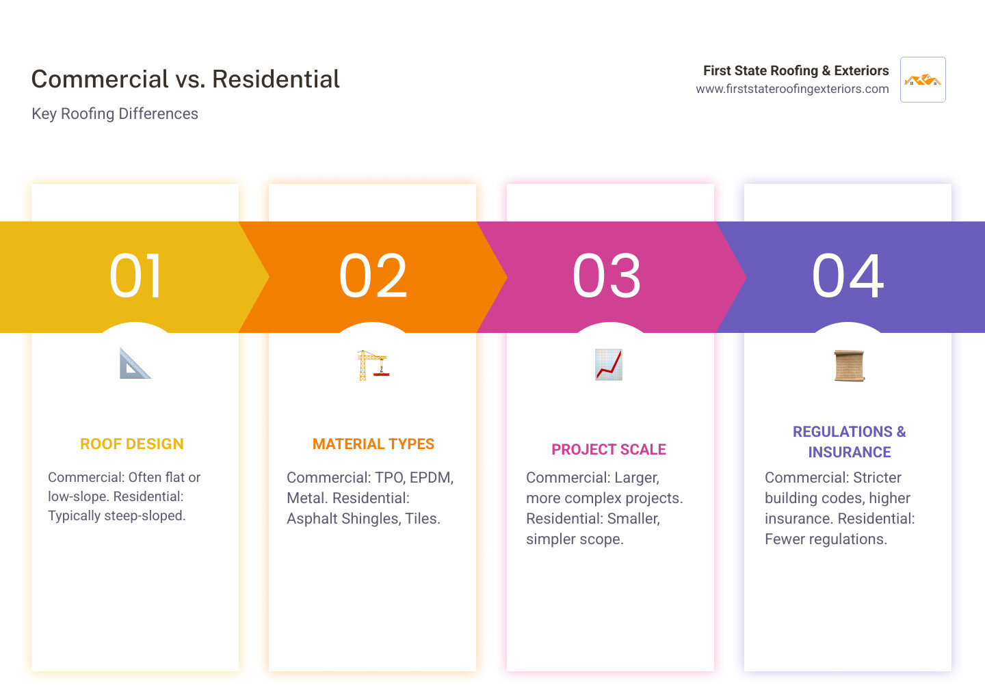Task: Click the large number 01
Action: point(135,276)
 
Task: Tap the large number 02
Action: point(373,276)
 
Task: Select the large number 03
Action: point(607,276)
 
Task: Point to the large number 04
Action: point(848,276)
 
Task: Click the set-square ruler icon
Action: point(135,364)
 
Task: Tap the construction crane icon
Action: point(373,365)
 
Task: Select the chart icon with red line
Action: point(609,364)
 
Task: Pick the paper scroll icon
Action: point(849,366)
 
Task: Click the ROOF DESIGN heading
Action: point(132,444)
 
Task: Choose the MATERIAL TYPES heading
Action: point(373,444)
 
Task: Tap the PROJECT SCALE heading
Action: point(609,450)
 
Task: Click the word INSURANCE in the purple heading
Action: point(850,453)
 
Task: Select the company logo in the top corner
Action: point(923,80)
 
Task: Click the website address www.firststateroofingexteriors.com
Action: point(792,89)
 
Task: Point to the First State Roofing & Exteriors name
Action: point(796,70)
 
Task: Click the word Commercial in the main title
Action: point(99,79)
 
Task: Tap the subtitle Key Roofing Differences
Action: point(115,113)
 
